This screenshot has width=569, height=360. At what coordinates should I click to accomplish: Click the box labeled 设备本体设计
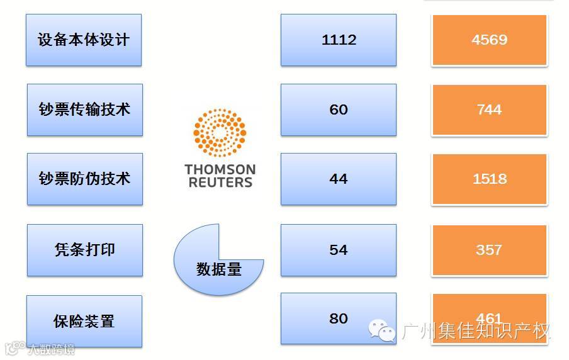click(x=84, y=40)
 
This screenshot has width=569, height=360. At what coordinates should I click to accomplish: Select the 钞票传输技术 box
click(x=85, y=110)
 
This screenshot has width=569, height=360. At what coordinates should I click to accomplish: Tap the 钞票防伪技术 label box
click(x=85, y=179)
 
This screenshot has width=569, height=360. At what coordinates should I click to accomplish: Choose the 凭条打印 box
click(x=85, y=250)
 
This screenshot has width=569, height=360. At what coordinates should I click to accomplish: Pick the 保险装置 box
click(x=84, y=321)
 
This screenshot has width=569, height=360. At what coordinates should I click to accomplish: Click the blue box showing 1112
click(x=339, y=40)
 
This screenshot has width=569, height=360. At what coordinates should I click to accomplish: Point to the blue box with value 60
click(x=339, y=110)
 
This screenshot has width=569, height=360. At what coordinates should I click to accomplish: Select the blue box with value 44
click(x=339, y=179)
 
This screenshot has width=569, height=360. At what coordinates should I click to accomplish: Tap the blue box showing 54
click(x=339, y=250)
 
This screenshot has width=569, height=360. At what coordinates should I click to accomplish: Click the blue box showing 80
click(x=339, y=318)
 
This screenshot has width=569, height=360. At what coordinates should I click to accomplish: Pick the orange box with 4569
click(x=489, y=40)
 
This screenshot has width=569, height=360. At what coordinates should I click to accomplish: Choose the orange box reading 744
click(x=489, y=110)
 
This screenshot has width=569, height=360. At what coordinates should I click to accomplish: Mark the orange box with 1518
click(x=489, y=179)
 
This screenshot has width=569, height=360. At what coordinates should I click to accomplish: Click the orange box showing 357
click(x=489, y=250)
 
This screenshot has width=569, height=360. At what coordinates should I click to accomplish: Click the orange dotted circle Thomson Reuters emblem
click(x=219, y=133)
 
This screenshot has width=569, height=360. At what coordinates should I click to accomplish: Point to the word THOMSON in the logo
click(x=220, y=170)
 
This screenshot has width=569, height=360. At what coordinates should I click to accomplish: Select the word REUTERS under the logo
click(x=220, y=183)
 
